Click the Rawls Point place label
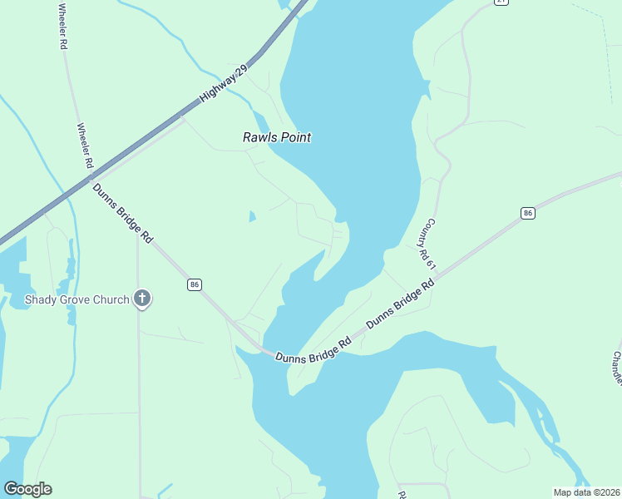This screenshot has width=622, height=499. point(276,137)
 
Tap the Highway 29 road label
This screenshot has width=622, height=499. point(224,86)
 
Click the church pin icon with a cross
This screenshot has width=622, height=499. point(142,299)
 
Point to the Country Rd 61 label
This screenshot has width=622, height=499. point(427,244)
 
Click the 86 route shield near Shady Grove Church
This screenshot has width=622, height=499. point(195,284)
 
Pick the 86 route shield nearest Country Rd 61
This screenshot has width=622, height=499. point(527,214)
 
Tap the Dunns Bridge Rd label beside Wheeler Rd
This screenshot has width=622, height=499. point(122,213)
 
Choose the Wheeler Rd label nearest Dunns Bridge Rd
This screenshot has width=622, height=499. point(84,146)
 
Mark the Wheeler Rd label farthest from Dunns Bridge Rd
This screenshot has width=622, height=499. point(62,27)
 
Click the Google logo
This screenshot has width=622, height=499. point(27,489)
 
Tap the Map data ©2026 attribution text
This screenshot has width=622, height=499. point(586,492)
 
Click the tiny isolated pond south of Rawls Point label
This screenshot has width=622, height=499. point(251,217)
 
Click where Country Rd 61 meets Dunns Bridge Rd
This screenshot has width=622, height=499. point(436,275)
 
